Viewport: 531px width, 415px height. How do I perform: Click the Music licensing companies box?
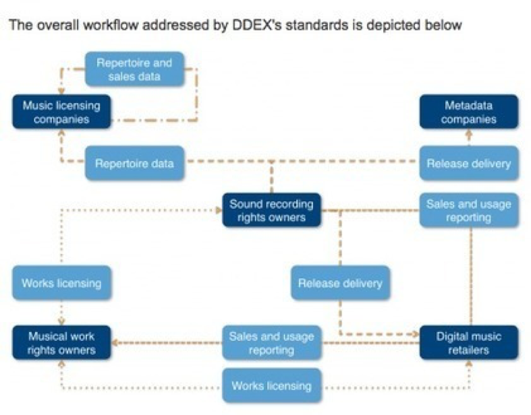61,112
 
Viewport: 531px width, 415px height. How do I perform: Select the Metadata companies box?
470,112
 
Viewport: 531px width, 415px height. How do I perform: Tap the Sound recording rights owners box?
272,210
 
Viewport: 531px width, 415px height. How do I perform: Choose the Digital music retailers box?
470,342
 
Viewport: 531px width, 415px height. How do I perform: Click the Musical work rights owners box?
61,342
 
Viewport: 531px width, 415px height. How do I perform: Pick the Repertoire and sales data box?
134,69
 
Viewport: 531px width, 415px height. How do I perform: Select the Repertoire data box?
135,163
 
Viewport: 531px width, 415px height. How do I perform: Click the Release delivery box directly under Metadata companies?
470,163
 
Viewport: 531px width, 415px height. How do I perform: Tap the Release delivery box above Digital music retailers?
340,282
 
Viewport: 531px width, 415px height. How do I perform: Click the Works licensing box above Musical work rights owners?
61,282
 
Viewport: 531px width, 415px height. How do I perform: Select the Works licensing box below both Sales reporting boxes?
271,386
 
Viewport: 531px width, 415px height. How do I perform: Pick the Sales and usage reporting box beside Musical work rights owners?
271,342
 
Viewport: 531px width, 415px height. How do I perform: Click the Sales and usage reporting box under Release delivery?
470,210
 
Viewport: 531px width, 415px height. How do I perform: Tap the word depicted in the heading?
403,26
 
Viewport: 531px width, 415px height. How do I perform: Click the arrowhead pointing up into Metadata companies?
470,133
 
